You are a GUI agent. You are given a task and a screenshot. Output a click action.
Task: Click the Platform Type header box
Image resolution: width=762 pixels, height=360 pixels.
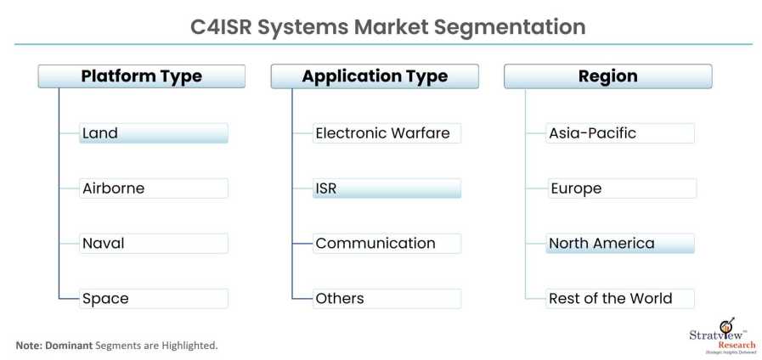pos(142,76)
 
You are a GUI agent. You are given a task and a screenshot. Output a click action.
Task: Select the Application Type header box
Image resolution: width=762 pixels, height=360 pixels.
pos(375,76)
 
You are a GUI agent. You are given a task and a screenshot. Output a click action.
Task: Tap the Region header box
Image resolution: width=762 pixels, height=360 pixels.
pos(607,76)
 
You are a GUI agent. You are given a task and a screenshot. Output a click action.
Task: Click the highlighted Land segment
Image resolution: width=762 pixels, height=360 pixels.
pos(153,133)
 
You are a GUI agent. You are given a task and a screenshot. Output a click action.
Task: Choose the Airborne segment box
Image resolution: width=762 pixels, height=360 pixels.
pos(153,188)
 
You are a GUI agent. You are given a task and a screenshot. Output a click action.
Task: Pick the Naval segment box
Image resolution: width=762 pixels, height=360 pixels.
pos(153,244)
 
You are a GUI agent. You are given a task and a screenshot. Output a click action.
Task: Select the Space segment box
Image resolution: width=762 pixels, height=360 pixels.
pos(153,299)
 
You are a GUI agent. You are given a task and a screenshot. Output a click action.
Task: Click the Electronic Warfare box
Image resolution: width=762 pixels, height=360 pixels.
pos(387,133)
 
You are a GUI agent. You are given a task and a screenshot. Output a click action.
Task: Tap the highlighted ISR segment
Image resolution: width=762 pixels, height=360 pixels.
pos(387,188)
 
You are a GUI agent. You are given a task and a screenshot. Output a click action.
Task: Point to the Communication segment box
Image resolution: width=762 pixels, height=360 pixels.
pos(387,244)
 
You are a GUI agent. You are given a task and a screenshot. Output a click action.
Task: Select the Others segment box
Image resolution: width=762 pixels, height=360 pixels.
pos(387,299)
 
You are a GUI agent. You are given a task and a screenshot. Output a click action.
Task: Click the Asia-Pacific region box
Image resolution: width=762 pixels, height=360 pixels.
pos(620,133)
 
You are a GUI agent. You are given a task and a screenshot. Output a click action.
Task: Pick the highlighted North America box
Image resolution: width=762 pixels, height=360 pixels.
pos(620,244)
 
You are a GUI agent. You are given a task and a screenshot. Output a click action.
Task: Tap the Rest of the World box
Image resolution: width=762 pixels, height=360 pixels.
pos(620,299)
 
